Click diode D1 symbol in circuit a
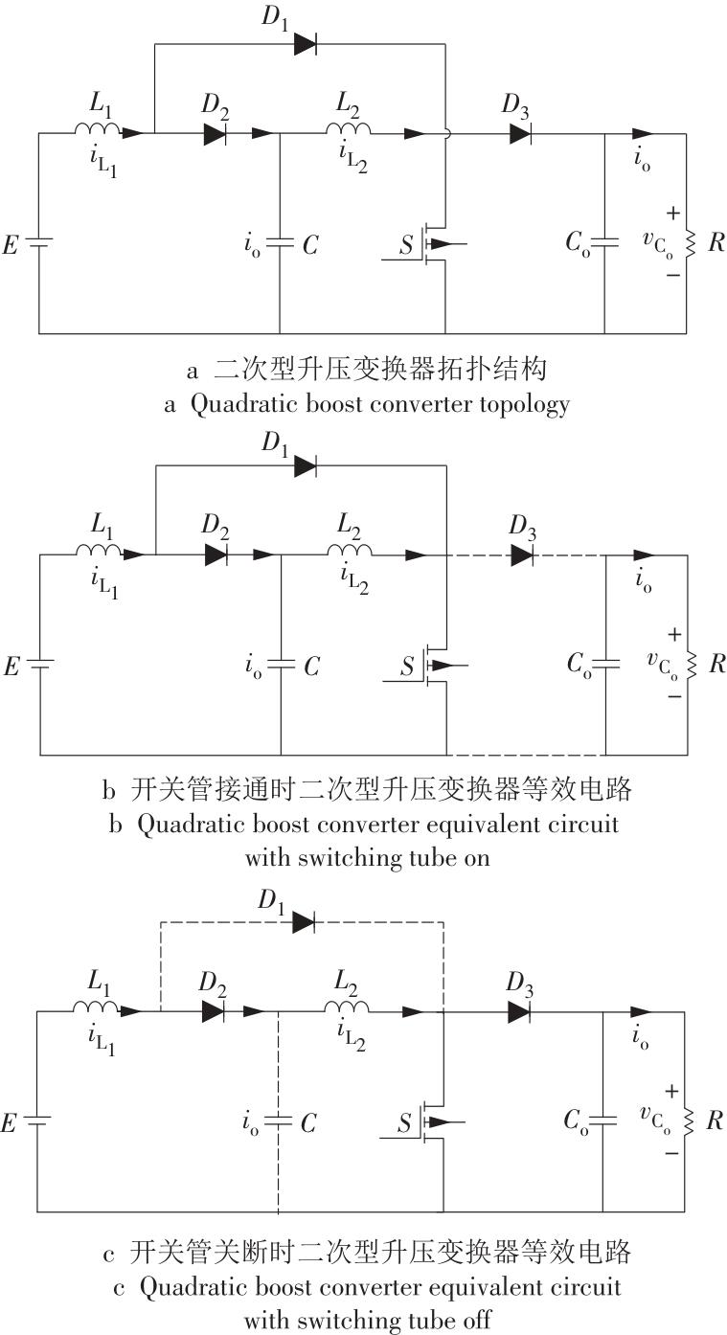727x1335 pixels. (x=306, y=43)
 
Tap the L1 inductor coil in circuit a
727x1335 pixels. (x=97, y=128)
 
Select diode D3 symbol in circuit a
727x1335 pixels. (x=521, y=133)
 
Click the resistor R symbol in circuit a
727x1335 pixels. (x=691, y=243)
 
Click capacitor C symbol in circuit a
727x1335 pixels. (x=280, y=242)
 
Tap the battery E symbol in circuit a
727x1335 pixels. (x=39, y=242)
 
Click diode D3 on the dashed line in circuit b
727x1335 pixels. (x=522, y=554)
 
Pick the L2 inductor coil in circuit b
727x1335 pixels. (x=350, y=550)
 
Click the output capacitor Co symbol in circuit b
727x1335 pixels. (x=606, y=664)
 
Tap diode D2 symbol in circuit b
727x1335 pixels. (x=216, y=554)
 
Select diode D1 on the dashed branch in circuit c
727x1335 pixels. (x=304, y=923)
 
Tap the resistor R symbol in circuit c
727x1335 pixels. (x=690, y=1121)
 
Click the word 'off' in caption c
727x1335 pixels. (x=478, y=1319)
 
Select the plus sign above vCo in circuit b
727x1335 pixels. (x=674, y=634)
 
